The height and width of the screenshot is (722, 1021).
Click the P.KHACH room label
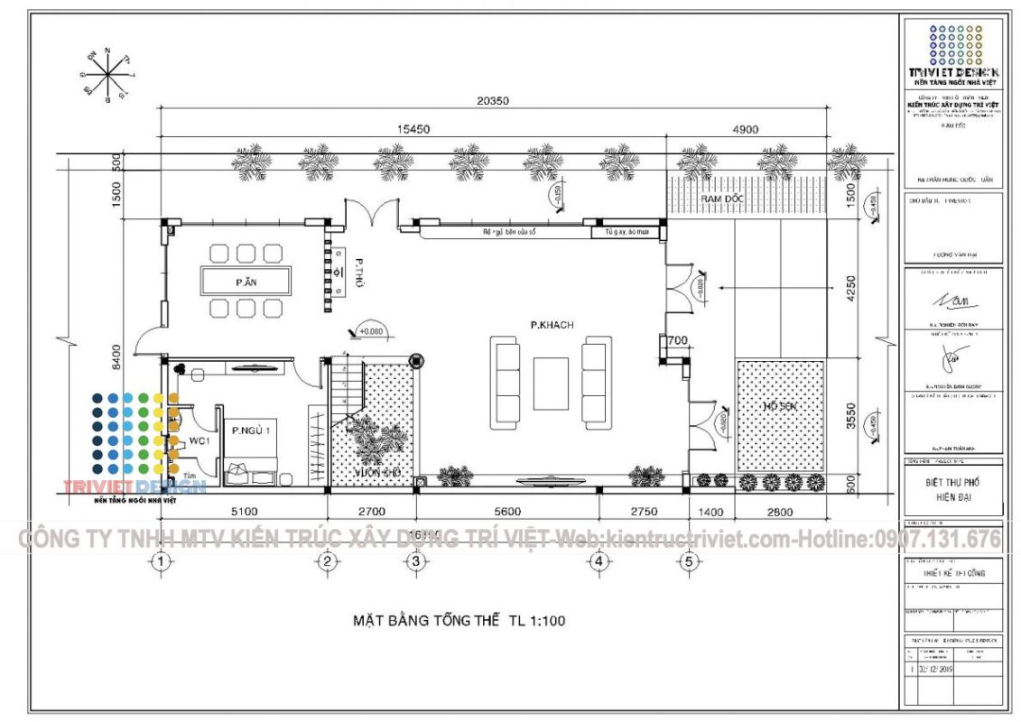click(x=552, y=324)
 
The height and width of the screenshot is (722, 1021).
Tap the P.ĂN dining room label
click(x=244, y=282)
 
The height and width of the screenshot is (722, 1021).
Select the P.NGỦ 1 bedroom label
click(x=250, y=430)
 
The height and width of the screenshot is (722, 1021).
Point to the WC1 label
click(x=200, y=441)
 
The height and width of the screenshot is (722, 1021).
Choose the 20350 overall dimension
click(x=493, y=101)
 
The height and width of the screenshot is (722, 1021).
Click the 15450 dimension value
click(x=413, y=129)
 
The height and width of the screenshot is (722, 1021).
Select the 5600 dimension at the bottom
click(x=508, y=512)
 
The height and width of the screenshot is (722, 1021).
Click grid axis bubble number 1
click(x=161, y=561)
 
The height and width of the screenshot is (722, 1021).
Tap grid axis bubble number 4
click(x=599, y=561)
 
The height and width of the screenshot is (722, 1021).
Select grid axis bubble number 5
click(x=690, y=561)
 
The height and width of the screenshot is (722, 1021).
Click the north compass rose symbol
click(x=107, y=72)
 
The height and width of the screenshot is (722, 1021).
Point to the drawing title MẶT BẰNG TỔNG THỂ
click(x=459, y=621)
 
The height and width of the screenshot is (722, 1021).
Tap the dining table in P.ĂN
click(x=246, y=282)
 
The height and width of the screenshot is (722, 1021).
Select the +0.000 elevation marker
click(x=367, y=331)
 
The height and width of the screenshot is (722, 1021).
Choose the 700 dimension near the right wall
click(x=679, y=341)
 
